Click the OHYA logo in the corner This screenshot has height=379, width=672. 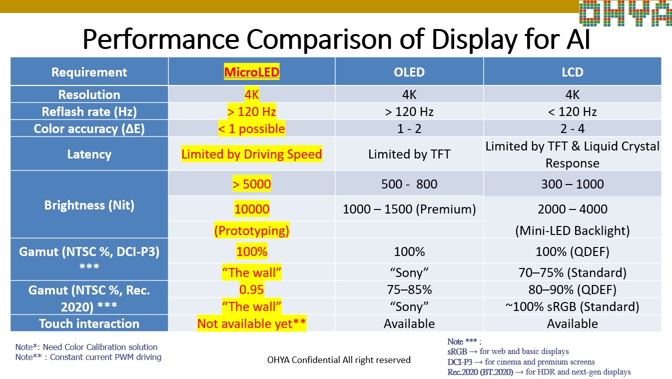click(625, 13)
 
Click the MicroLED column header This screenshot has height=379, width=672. click(251, 72)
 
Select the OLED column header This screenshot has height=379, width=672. click(409, 72)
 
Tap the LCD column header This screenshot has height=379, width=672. click(572, 72)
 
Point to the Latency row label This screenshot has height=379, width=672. click(89, 154)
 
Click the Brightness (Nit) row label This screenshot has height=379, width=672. click(89, 205)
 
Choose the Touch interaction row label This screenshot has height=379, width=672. click(89, 323)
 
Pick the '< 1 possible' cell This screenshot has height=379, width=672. click(251, 128)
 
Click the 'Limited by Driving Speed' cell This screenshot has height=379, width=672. click(251, 154)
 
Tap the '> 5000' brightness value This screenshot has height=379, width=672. click(251, 184)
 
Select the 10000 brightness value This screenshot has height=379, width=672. click(251, 209)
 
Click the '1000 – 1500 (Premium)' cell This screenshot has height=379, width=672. click(409, 209)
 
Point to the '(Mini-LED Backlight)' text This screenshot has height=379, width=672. click(572, 230)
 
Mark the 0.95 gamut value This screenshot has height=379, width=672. click(251, 289)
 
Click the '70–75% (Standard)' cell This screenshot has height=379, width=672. click(572, 272)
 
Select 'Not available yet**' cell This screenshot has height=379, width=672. click(251, 323)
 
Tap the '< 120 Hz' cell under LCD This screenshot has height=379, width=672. click(572, 111)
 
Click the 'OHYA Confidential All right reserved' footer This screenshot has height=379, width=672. click(339, 359)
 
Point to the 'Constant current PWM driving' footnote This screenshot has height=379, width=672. click(105, 357)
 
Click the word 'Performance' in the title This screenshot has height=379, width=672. click(159, 39)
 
